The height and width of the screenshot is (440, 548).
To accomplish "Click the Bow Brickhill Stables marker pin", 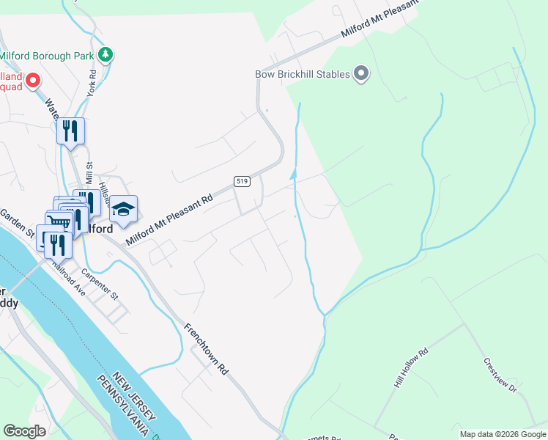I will [x=360, y=73].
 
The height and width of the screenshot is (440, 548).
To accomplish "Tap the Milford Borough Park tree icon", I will [x=105, y=55].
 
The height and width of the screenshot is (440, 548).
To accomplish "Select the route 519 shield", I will [x=240, y=180].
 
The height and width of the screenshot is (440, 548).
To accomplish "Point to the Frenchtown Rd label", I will [x=206, y=349].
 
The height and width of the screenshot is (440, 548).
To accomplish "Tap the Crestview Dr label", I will [x=500, y=375].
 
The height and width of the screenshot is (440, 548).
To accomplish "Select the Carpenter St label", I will [x=100, y=285].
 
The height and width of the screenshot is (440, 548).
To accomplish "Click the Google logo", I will [x=24, y=431].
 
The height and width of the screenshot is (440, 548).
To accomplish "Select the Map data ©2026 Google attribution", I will [x=503, y=434].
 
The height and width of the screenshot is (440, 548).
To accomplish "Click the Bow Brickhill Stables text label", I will [x=302, y=74].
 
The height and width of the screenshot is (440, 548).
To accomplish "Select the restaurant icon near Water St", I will [x=71, y=131].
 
